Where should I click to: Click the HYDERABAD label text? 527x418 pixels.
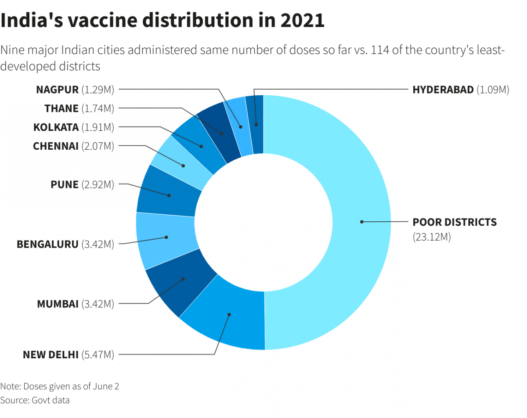(443, 90)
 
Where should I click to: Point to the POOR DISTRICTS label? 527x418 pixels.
(455, 222)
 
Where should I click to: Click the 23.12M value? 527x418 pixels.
(432, 238)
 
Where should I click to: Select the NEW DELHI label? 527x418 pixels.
(51, 354)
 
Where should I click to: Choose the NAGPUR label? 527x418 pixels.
(57, 90)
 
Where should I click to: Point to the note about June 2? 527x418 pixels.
(60, 386)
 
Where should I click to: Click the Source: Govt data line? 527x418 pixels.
(35, 400)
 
